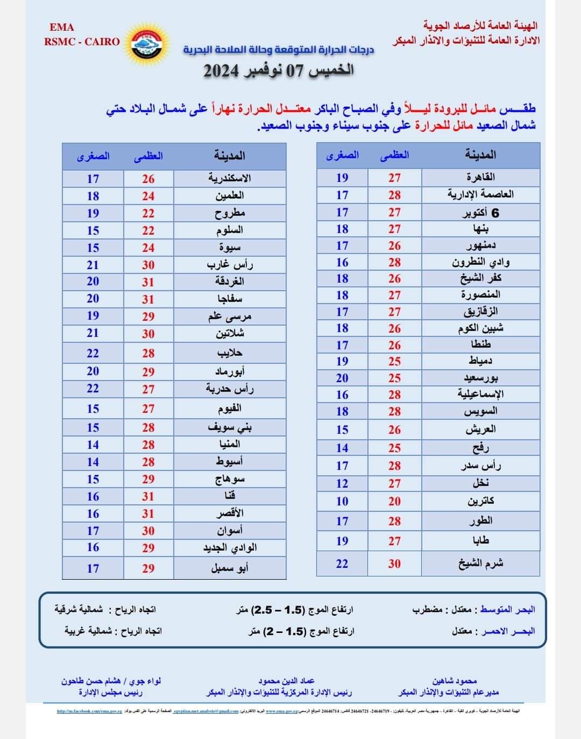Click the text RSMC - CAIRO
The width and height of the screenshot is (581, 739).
(x=82, y=41)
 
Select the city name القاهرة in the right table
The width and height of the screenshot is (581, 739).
(x=480, y=177)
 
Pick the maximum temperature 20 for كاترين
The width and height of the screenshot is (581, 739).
(x=394, y=501)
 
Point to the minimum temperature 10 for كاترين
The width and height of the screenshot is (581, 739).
(x=342, y=501)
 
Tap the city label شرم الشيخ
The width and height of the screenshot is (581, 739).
(x=480, y=564)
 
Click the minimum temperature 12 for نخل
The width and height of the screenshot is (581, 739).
(x=342, y=483)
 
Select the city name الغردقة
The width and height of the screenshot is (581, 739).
(x=230, y=281)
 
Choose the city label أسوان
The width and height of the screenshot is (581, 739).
(x=230, y=531)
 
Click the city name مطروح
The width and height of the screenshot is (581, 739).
(x=230, y=213)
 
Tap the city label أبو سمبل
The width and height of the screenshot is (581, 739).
(x=230, y=568)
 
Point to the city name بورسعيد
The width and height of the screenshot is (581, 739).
(x=480, y=378)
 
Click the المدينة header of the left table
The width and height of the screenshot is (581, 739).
(x=230, y=156)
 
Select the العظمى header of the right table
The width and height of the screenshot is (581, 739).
(x=394, y=155)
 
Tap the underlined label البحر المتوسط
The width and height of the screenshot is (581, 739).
(x=507, y=610)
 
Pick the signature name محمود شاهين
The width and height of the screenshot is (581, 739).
(x=455, y=681)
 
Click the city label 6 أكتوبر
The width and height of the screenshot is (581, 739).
(x=481, y=213)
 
